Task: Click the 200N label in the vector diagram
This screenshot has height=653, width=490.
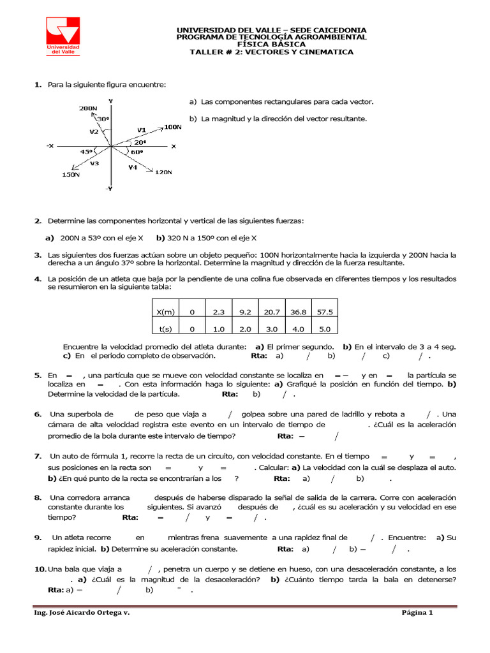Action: pos(88,108)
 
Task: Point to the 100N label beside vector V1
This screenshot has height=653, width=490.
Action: pos(173,127)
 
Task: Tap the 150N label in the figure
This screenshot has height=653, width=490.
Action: pos(71,174)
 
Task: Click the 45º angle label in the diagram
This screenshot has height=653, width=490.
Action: pos(86,152)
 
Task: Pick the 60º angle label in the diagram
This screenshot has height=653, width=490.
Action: pos(137,152)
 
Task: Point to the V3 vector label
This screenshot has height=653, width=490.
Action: pos(94,163)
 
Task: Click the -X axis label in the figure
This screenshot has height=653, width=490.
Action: pos(50,146)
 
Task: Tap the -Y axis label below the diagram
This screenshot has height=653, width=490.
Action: pos(109,189)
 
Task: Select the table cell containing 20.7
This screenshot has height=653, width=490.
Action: pos(272,312)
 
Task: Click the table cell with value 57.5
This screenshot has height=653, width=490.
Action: pos(325,312)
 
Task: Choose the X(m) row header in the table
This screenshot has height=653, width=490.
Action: pos(165,312)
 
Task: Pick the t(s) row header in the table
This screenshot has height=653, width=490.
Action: pos(165,329)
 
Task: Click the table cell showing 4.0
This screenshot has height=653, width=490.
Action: pos(298,329)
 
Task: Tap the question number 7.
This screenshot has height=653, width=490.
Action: pos(38,456)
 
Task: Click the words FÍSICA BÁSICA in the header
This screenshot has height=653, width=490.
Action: pos(271,44)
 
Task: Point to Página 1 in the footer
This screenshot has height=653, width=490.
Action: pos(417,613)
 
